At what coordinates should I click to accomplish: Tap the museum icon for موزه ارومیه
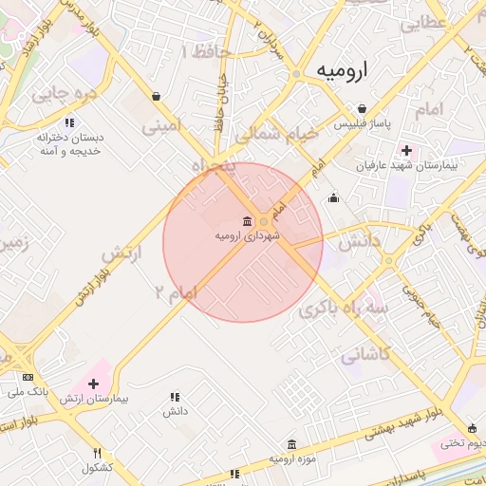tap(290, 444)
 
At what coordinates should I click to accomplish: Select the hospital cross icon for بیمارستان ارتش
tap(92, 383)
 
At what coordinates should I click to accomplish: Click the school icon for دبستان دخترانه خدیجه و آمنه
tap(69, 122)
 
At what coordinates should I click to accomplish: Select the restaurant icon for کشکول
tap(98, 453)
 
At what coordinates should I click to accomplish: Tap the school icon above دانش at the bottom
tap(174, 397)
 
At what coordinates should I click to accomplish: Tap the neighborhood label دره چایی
tap(65, 94)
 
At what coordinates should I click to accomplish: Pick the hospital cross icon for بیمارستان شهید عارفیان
tap(407, 150)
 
